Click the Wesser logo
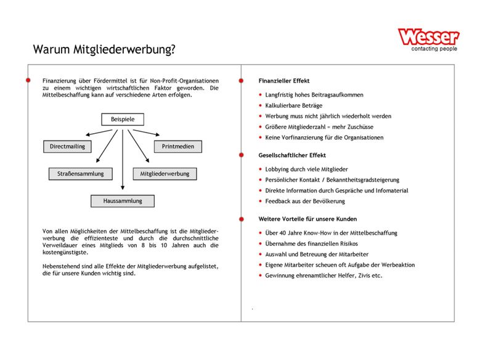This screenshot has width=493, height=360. pos(428,36)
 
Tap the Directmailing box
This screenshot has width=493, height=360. pos(68,147)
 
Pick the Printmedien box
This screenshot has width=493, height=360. pos(177,147)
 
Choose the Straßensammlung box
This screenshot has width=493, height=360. pos(81,174)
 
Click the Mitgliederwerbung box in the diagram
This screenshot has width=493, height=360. pos(165,174)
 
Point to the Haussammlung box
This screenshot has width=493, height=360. pos(123,201)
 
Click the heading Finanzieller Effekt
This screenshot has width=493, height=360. pos(283,81)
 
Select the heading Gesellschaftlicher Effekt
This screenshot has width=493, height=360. pos(292,155)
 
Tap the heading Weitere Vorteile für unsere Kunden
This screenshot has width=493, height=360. pos(307,219)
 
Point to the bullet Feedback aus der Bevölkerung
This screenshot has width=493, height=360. pos(305,201)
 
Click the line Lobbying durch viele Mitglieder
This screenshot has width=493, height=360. pos(306,169)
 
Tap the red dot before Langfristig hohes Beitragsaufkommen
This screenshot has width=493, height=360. pos(261,96)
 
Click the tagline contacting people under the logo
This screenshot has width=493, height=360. pos(434,49)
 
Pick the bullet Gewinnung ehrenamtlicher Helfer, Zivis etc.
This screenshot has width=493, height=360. pos(324,276)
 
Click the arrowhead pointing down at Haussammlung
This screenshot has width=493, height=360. pos(123,189)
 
